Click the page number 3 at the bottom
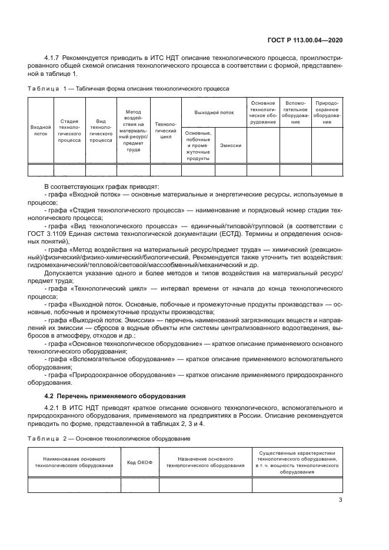tap(341, 500)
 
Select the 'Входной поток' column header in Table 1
tap(41, 130)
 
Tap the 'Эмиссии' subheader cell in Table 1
tap(230, 144)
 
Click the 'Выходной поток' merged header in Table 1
tap(214, 111)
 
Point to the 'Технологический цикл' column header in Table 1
tap(165, 130)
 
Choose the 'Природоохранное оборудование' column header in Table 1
tap(327, 111)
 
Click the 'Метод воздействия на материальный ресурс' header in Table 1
tap(134, 130)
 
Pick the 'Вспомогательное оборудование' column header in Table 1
tap(295, 111)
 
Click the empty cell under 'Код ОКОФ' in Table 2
tap(139, 484)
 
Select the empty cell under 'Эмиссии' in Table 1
tap(230, 170)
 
